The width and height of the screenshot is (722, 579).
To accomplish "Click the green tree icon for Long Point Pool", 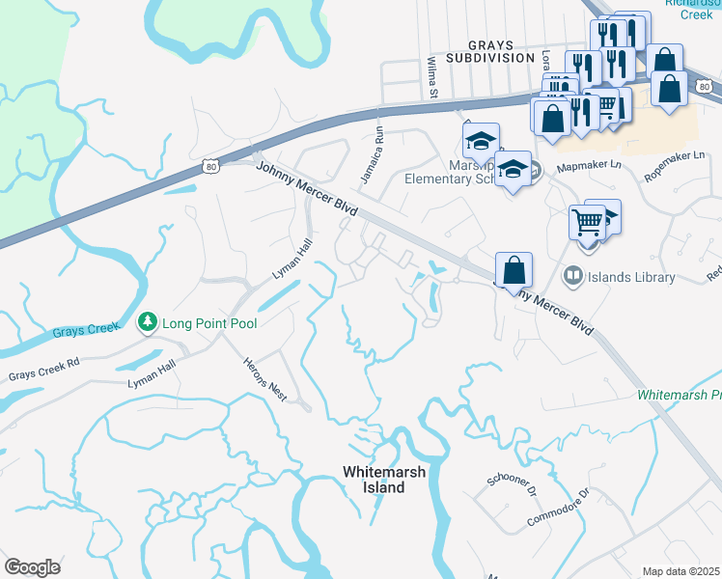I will click(147, 321).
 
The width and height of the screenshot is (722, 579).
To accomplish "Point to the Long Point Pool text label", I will click(209, 322).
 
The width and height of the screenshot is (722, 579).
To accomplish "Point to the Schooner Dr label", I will click(513, 485).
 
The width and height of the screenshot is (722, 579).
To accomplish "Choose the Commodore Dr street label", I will click(557, 508).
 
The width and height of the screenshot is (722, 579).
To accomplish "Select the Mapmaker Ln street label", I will click(588, 166).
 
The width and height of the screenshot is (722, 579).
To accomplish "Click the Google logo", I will click(32, 566).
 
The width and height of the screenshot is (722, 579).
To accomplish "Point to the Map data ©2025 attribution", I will click(680, 571).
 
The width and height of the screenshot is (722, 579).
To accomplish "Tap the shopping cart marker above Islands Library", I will click(587, 222).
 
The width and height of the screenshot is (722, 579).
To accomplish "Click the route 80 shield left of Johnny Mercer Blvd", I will click(211, 167).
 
